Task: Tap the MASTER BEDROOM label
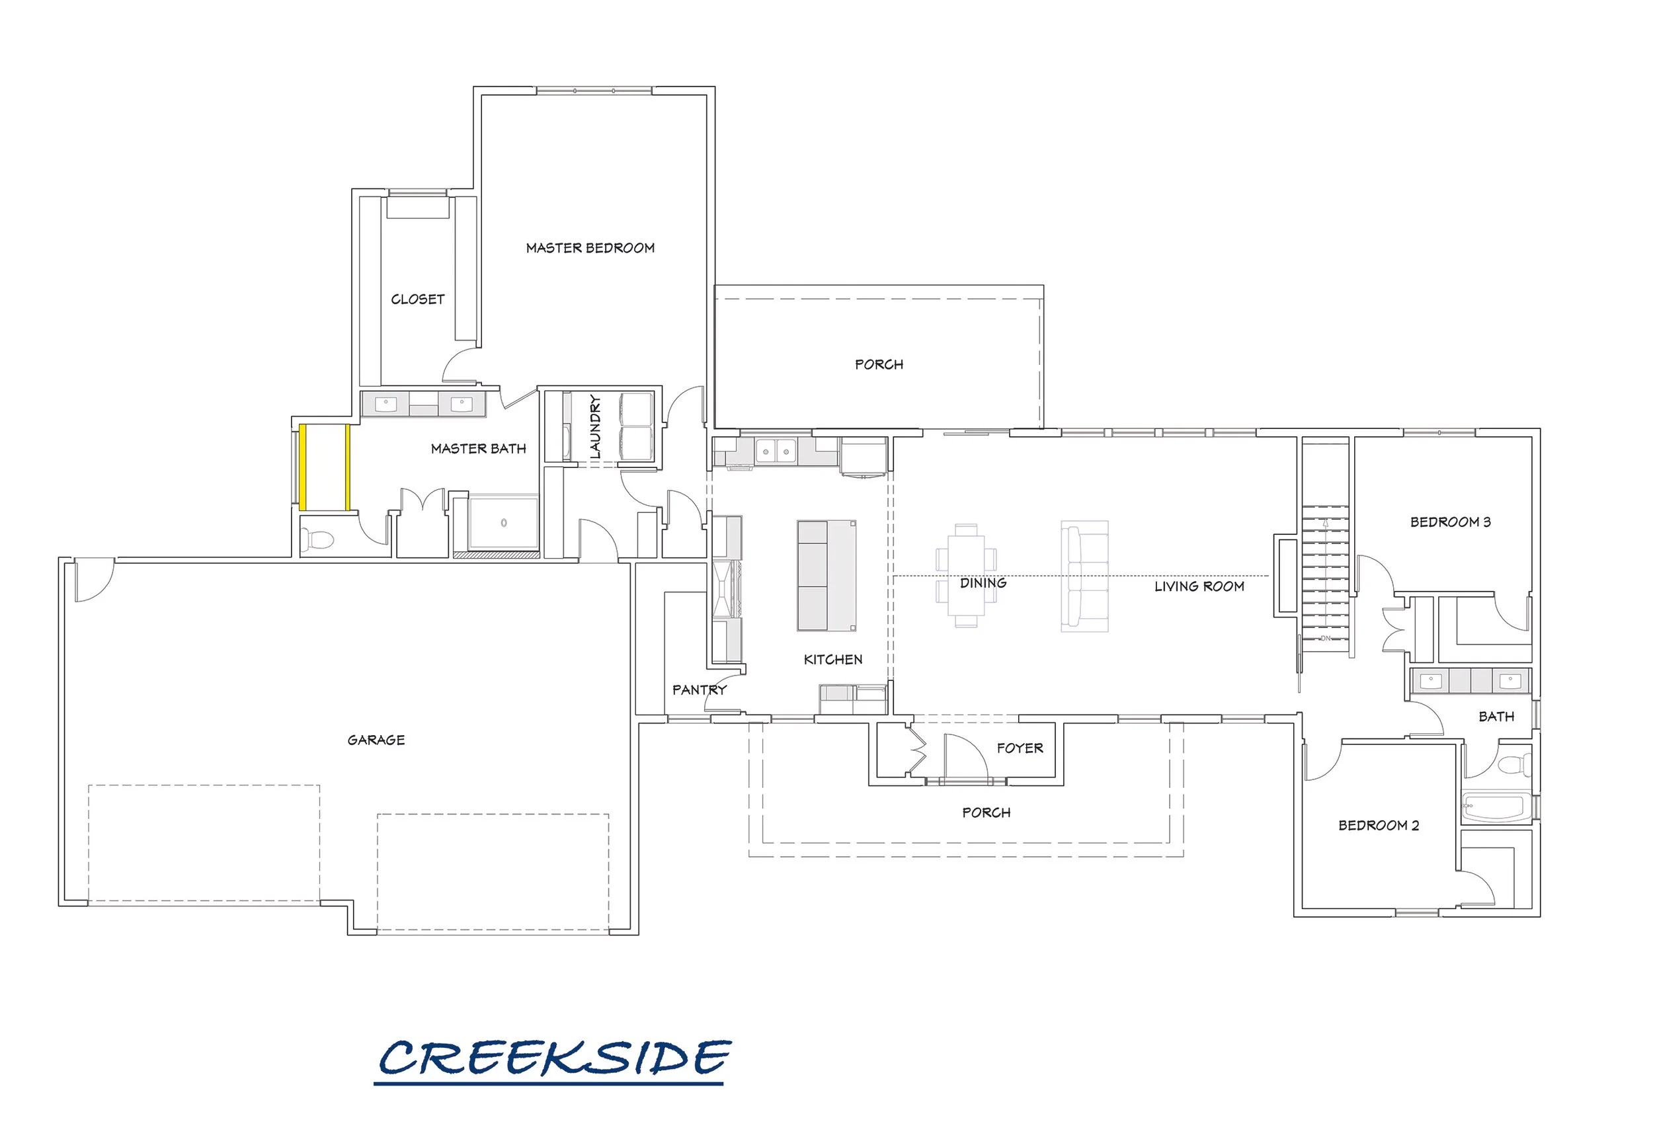click(x=590, y=248)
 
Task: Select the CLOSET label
click(x=417, y=299)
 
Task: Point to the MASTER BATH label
click(x=478, y=448)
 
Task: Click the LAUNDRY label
click(x=595, y=427)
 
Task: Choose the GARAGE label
click(x=376, y=740)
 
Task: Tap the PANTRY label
click(x=700, y=690)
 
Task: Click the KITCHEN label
click(x=833, y=659)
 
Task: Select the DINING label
click(x=983, y=582)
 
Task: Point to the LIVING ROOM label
click(x=1199, y=586)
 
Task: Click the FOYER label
click(x=1020, y=748)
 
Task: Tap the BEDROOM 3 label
click(x=1451, y=522)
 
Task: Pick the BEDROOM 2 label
click(x=1379, y=825)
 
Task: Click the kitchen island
click(x=826, y=576)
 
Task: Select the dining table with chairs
click(x=966, y=576)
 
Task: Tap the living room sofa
click(x=1084, y=576)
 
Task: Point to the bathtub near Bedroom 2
click(x=1496, y=807)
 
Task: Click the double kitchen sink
click(x=776, y=451)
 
